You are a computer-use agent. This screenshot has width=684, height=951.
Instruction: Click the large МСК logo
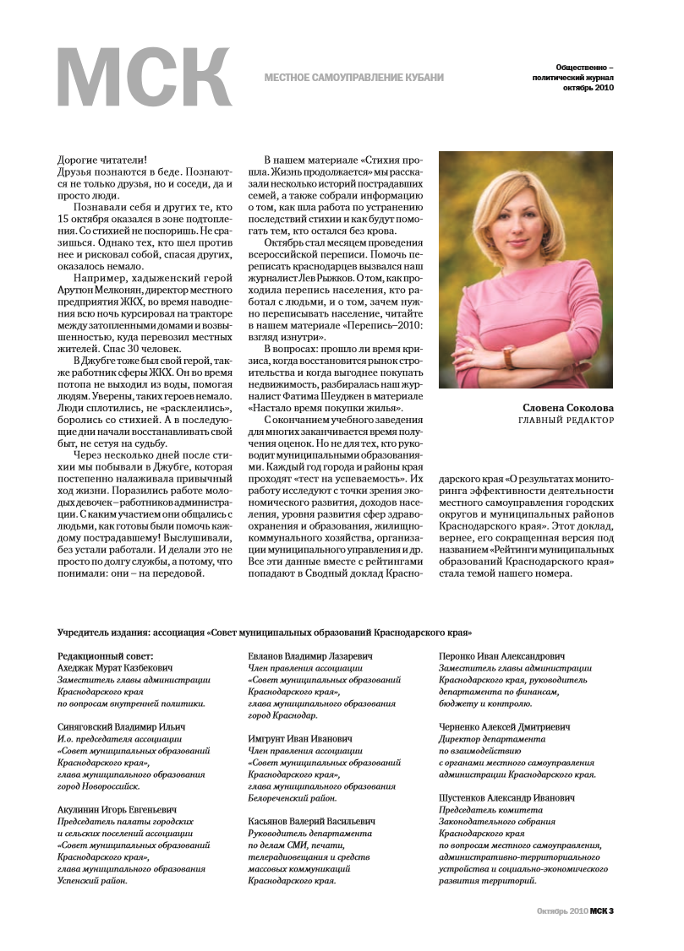click(x=144, y=79)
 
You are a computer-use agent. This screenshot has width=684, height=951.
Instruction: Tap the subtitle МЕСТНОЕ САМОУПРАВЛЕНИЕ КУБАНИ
click(x=353, y=78)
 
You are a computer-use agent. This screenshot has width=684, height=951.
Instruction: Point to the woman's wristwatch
click(x=509, y=356)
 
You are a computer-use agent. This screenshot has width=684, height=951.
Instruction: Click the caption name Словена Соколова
click(x=568, y=406)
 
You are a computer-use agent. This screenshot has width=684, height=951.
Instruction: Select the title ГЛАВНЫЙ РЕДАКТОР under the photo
click(x=566, y=420)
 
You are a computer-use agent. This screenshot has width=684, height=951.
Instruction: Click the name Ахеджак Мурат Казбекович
click(x=114, y=667)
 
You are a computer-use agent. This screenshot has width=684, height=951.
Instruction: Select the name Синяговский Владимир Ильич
click(x=121, y=726)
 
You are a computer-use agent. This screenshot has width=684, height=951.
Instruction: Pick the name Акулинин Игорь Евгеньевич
click(x=117, y=808)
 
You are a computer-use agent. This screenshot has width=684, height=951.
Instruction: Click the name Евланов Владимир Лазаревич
click(x=312, y=655)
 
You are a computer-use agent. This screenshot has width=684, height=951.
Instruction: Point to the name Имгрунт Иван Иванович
click(x=300, y=738)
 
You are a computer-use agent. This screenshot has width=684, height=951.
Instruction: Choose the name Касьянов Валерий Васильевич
click(x=312, y=820)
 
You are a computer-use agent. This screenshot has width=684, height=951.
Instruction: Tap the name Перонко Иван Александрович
click(x=503, y=655)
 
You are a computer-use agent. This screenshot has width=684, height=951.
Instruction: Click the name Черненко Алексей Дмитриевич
click(x=505, y=726)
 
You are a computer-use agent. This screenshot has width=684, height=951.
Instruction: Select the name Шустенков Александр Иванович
click(x=506, y=796)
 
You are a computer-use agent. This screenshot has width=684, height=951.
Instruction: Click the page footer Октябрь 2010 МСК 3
click(x=575, y=910)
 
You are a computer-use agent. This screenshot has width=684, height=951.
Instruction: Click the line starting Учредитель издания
click(x=265, y=632)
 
